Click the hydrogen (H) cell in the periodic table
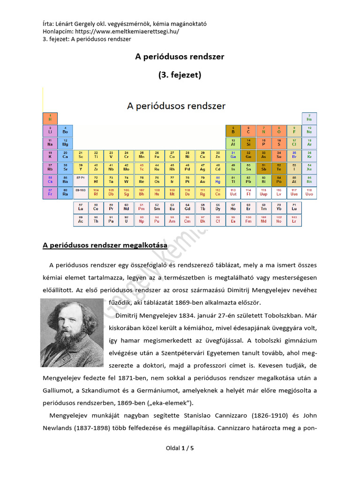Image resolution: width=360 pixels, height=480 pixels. pos(50,118)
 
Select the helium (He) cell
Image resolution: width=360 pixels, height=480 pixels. pos(309,118)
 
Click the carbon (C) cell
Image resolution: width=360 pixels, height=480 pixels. pos(248,131)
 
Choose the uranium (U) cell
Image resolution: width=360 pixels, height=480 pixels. pos(126,220)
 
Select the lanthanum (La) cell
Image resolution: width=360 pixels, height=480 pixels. pos(81,208)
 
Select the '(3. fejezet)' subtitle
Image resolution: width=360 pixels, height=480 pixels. pos(180,75)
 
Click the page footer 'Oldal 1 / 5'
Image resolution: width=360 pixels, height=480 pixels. pos(180,448)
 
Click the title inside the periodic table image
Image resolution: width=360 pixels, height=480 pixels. pos(176,106)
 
